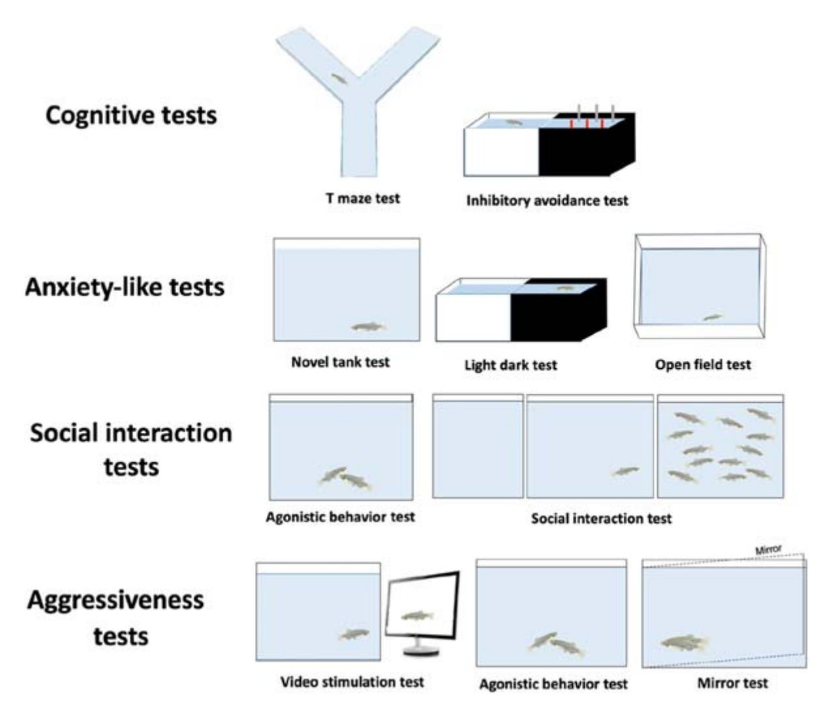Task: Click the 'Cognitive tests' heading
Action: coord(131,116)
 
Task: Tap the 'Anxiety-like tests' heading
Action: coord(125,287)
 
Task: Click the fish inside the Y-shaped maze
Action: coord(339,79)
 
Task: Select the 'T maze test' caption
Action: coord(363,198)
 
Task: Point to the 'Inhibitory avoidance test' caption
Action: coord(547,200)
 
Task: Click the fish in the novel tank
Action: coord(369,326)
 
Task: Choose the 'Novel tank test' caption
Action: coord(341,362)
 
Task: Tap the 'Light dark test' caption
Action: coord(511,364)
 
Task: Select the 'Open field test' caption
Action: coord(703,364)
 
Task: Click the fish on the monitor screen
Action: coord(418,616)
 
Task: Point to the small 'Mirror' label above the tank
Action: coord(768,549)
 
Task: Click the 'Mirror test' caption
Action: coord(732,683)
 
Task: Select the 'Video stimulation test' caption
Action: coord(352,682)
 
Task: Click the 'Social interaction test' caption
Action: coord(601,518)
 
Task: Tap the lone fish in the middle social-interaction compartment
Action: coord(625,471)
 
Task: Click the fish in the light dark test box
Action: coord(566,287)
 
